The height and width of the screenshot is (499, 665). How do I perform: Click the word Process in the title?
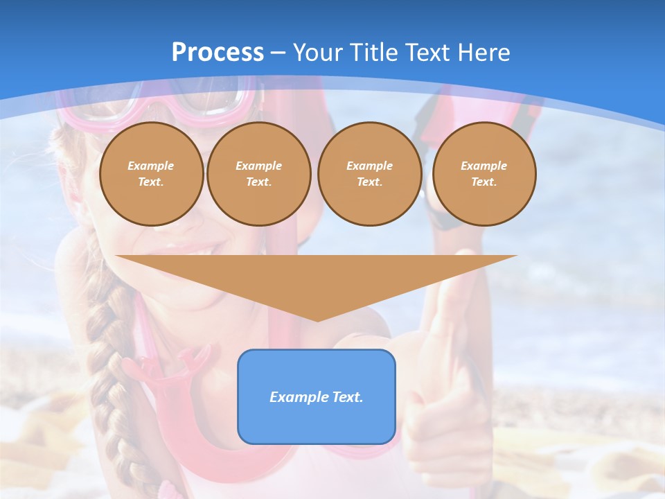pos(218,53)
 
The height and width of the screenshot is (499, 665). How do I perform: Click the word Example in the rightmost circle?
pos(484,166)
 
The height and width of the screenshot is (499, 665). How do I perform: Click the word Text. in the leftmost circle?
pos(151,182)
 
